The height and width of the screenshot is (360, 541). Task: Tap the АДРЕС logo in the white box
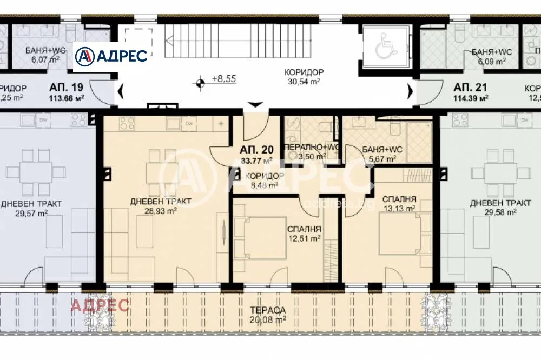point(111,56)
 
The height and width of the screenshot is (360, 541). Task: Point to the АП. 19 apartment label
point(66,87)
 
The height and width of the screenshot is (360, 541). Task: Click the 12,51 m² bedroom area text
point(304,238)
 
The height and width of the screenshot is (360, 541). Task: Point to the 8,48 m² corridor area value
point(264,185)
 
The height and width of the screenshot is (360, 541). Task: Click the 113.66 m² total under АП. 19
point(66,98)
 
